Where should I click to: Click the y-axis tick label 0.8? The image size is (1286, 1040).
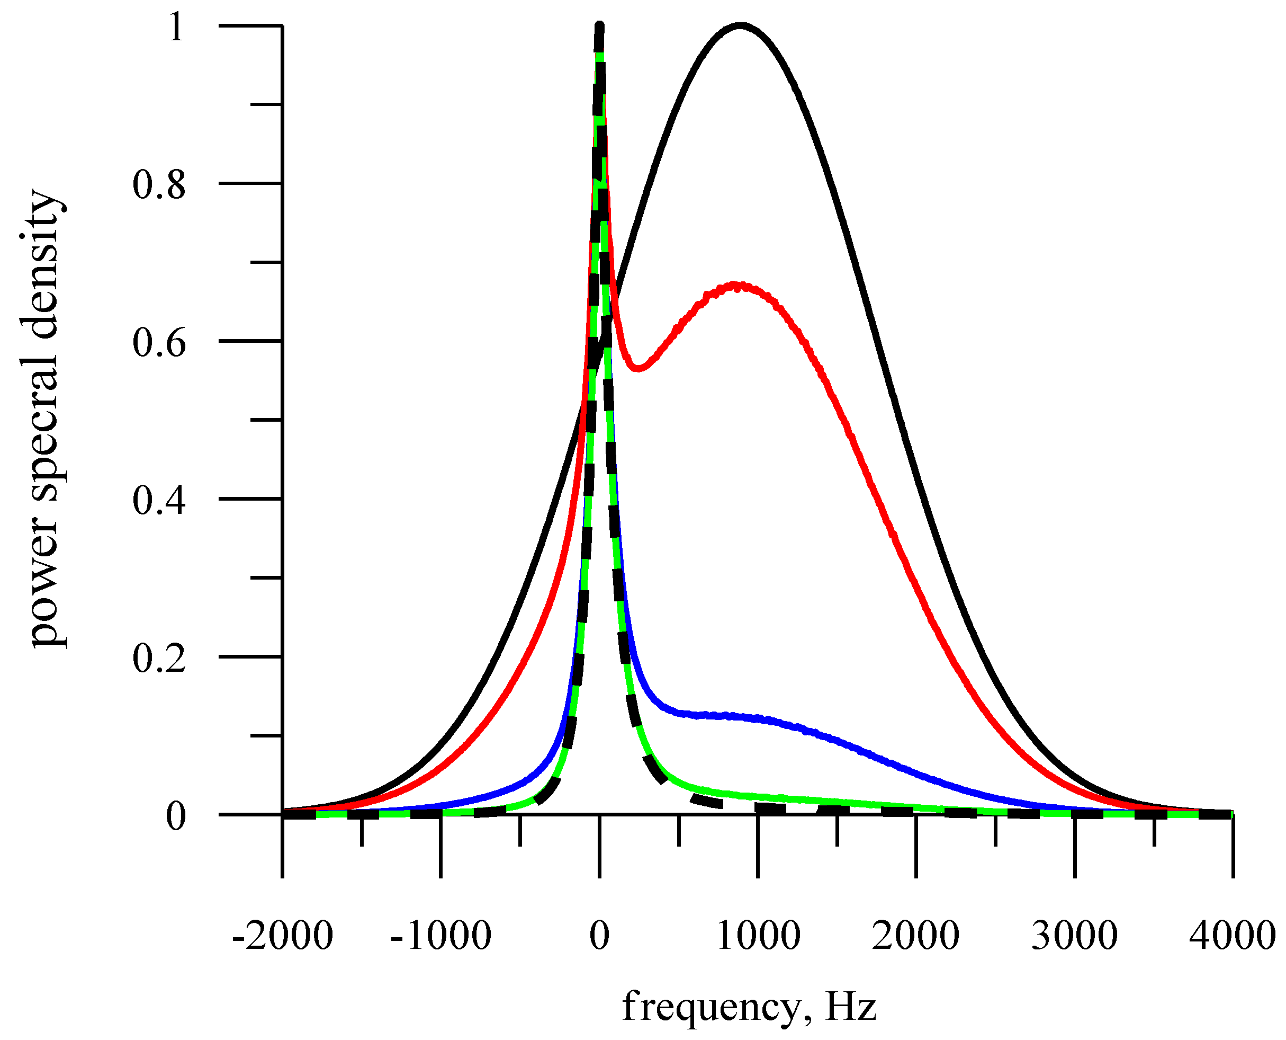(x=159, y=184)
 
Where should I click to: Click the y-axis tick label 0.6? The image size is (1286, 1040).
(x=159, y=343)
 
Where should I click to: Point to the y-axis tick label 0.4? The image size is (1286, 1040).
(x=159, y=500)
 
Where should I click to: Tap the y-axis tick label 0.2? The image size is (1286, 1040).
(x=159, y=659)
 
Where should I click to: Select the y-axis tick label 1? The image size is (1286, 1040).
(x=175, y=28)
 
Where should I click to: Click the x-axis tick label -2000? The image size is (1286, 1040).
(x=282, y=936)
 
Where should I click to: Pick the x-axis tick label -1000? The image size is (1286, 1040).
(x=440, y=936)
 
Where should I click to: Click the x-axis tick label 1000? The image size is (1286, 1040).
(x=758, y=936)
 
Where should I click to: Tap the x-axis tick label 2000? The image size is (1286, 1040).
(x=916, y=936)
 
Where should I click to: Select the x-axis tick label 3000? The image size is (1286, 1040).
(x=1075, y=936)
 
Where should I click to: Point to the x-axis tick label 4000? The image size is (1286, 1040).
(x=1232, y=936)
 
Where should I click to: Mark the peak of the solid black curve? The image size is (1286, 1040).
(x=741, y=26)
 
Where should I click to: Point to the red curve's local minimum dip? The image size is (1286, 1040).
(x=638, y=368)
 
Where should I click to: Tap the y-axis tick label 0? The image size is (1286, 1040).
(x=175, y=816)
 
